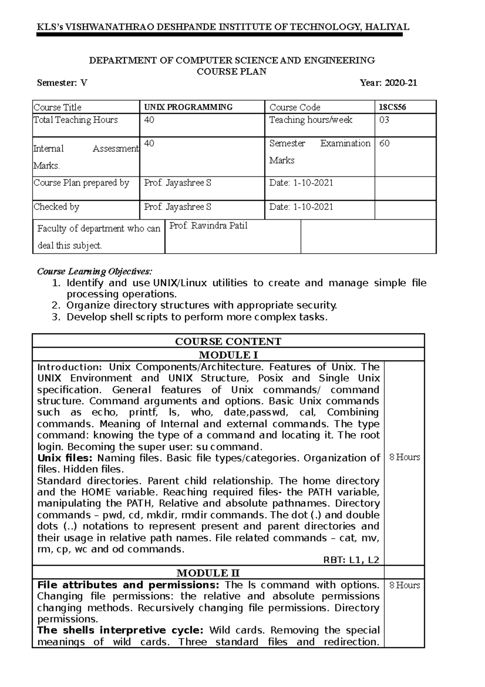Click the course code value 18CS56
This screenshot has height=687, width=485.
point(392,107)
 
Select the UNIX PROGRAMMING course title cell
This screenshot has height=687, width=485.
point(188,107)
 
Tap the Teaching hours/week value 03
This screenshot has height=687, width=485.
point(384,120)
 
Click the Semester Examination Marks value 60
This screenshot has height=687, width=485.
point(384,144)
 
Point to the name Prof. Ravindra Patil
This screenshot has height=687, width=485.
point(208,226)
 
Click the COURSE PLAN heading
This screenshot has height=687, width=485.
point(231,72)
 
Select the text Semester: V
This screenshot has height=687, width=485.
point(62,83)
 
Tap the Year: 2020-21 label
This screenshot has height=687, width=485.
point(388,83)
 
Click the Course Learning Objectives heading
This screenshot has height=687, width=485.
point(95,271)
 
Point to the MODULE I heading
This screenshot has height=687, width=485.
point(228,355)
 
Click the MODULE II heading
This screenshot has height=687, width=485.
point(208,573)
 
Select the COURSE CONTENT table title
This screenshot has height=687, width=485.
point(228,341)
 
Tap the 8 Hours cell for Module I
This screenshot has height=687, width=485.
point(404,457)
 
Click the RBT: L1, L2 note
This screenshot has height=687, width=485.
point(351,560)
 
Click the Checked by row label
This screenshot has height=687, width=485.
point(57,207)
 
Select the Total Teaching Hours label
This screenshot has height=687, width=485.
point(76,120)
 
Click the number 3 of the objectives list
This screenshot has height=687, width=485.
point(56,317)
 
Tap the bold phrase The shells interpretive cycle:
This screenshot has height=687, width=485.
point(122,630)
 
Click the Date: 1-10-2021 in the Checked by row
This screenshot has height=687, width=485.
point(301,207)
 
